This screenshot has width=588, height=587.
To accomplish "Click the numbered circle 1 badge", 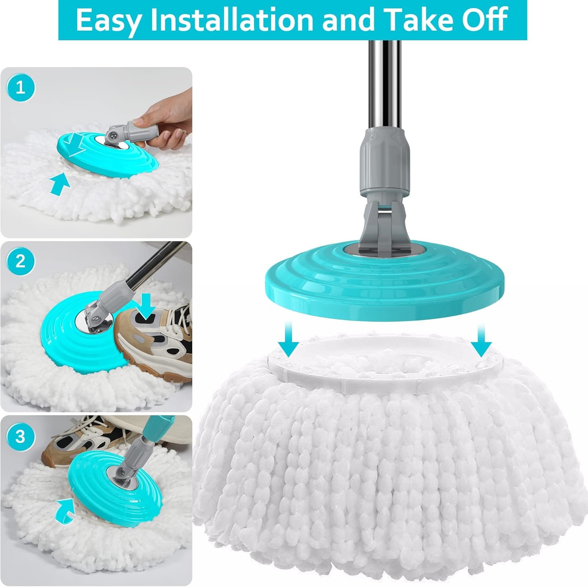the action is click(x=20, y=87).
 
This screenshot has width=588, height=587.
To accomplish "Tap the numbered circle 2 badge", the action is click(x=20, y=261).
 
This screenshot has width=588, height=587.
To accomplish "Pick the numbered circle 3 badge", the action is click(x=20, y=436).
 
